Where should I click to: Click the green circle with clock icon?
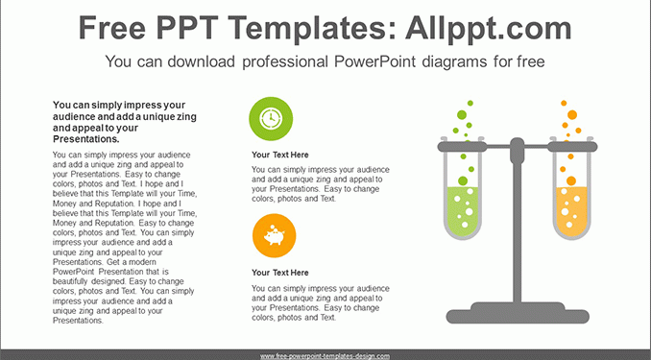click(271, 119)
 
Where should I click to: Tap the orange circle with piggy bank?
click(274, 235)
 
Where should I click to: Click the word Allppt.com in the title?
click(488, 28)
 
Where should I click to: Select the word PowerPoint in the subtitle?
click(374, 61)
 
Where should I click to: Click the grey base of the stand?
click(518, 314)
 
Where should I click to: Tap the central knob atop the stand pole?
click(517, 150)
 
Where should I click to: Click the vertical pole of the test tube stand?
click(517, 232)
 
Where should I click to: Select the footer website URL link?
click(325, 356)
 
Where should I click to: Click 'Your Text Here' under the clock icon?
click(279, 155)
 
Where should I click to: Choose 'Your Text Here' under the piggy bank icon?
click(279, 273)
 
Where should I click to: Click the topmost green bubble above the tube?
click(470, 103)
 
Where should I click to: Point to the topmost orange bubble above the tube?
click(564, 103)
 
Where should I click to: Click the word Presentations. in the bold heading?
click(86, 139)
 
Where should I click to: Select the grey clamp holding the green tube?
click(462, 147)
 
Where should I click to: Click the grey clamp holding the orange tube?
click(572, 147)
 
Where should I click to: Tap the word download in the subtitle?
click(201, 61)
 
